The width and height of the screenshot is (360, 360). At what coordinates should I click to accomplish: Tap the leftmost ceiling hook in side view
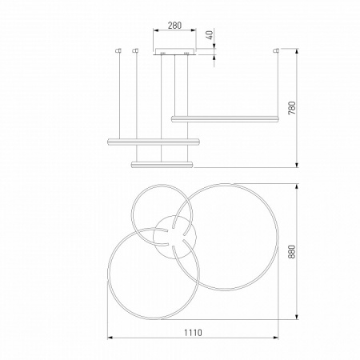click(x=118, y=51)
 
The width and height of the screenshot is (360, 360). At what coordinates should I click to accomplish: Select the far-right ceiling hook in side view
click(x=277, y=51)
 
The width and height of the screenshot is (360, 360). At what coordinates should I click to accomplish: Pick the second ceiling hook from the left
click(x=135, y=51)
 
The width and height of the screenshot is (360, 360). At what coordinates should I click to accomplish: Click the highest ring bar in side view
click(x=225, y=118)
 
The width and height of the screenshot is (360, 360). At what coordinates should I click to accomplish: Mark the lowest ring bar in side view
click(x=162, y=164)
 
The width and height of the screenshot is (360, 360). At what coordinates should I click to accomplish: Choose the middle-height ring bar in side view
click(x=153, y=142)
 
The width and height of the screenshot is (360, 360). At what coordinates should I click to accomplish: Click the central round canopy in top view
click(x=174, y=237)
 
